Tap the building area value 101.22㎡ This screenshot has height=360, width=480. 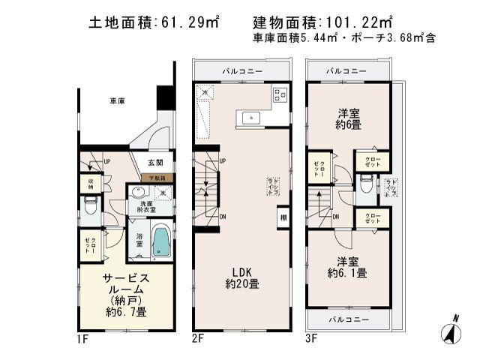(x=352, y=23)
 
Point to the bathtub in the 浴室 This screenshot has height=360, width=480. (x=160, y=241)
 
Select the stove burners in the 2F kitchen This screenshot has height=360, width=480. (x=280, y=94)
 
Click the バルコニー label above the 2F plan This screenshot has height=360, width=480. (x=241, y=70)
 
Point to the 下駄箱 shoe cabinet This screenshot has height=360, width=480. (x=158, y=178)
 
